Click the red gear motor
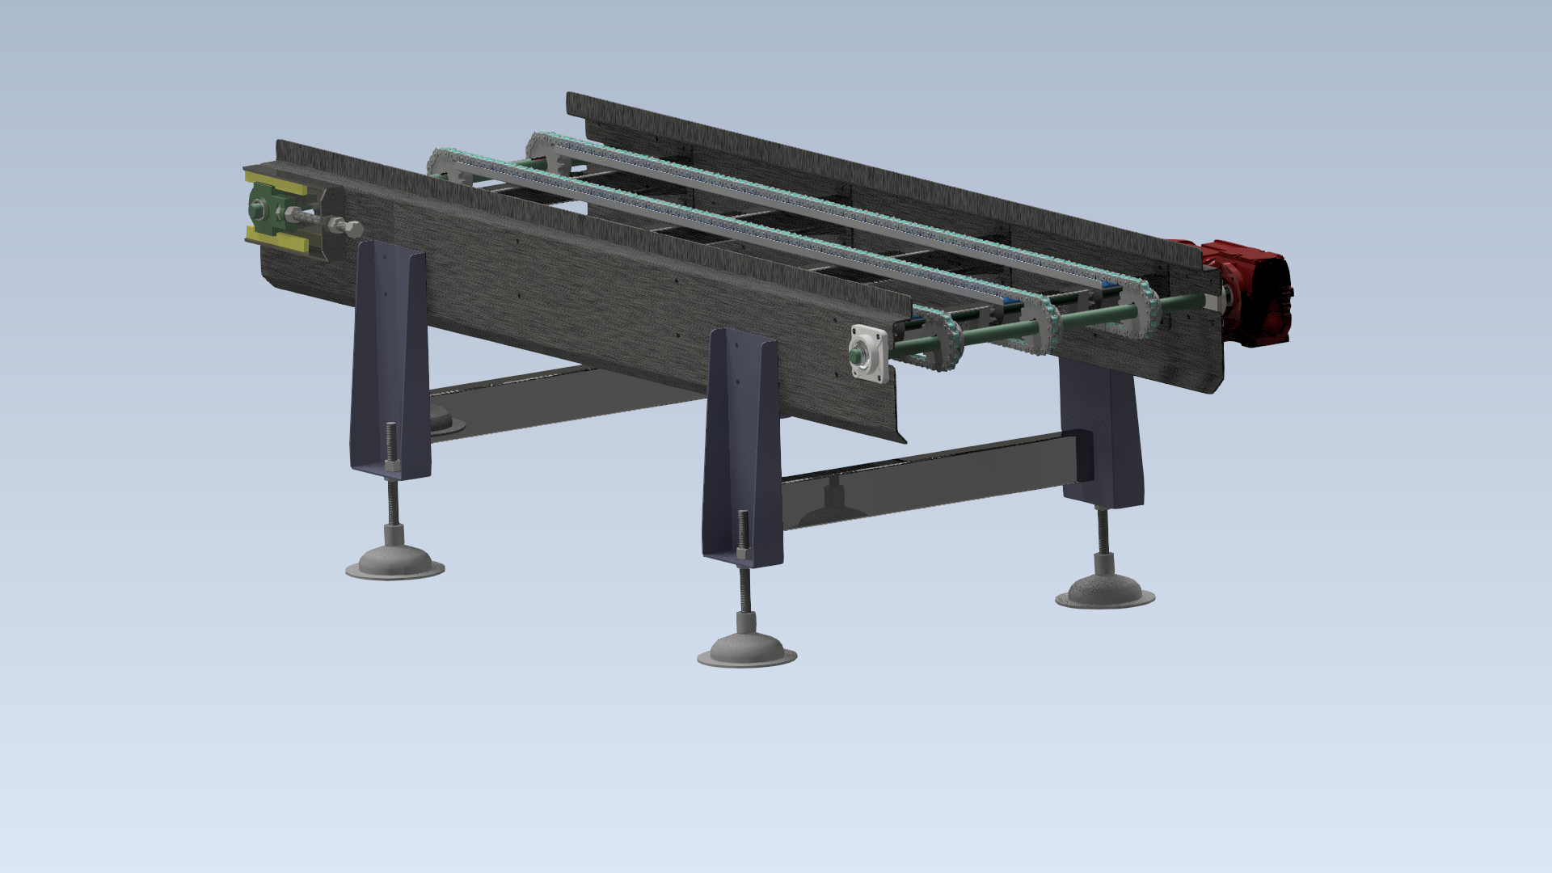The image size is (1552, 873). pos(1249,291)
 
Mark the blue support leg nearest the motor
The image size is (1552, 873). pos(1101,428)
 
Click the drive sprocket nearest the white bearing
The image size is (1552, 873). pos(938,339)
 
